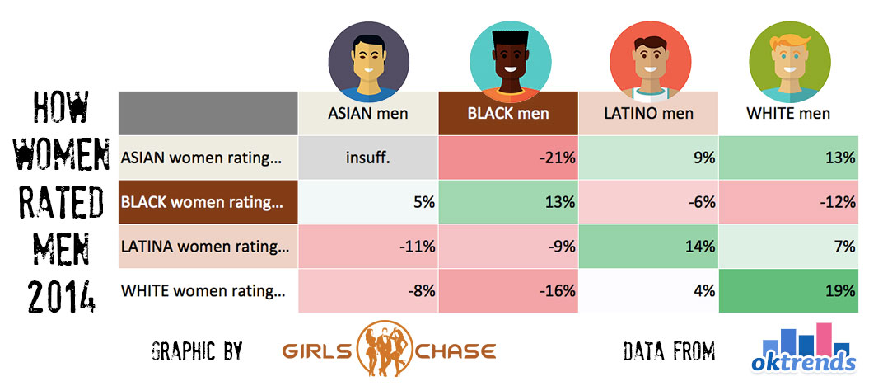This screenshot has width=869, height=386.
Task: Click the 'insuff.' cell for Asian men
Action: (x=368, y=158)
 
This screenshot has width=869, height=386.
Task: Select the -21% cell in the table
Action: (x=508, y=158)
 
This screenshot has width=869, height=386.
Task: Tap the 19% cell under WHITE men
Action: (x=788, y=291)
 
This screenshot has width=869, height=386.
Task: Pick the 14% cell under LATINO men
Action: (x=648, y=247)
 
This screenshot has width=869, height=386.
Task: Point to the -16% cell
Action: (x=508, y=291)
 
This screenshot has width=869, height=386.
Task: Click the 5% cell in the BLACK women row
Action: (x=368, y=202)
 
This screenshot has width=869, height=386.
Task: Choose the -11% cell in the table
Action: (x=368, y=247)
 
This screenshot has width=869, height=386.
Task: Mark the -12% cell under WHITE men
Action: (x=788, y=202)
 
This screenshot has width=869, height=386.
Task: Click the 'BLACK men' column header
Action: (x=508, y=114)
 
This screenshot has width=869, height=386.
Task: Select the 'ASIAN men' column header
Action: (x=368, y=114)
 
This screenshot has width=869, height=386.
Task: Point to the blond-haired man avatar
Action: (x=790, y=62)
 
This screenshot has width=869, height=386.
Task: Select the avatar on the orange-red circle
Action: (x=650, y=62)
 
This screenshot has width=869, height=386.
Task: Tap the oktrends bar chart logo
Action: (x=804, y=348)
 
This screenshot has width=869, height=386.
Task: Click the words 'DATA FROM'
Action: (x=669, y=351)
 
